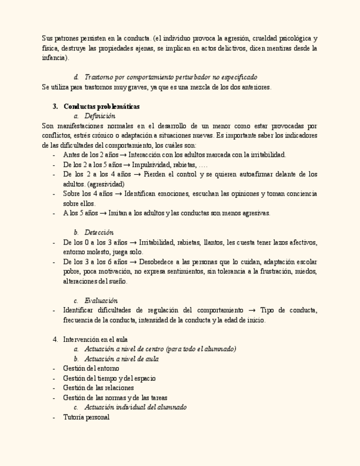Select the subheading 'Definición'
pos(99,116)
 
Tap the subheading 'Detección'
pos(99,232)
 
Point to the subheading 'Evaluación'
pos(101,301)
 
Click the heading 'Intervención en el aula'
pos(95,340)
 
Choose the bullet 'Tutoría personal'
pos(86,417)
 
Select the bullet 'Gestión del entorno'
pos(91,368)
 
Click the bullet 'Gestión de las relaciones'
pos(98,388)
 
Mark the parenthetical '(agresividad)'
pos(105,184)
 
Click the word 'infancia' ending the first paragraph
pos(53,58)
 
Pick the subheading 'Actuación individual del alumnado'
pos(135,407)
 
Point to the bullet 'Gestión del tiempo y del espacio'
pos(109,378)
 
